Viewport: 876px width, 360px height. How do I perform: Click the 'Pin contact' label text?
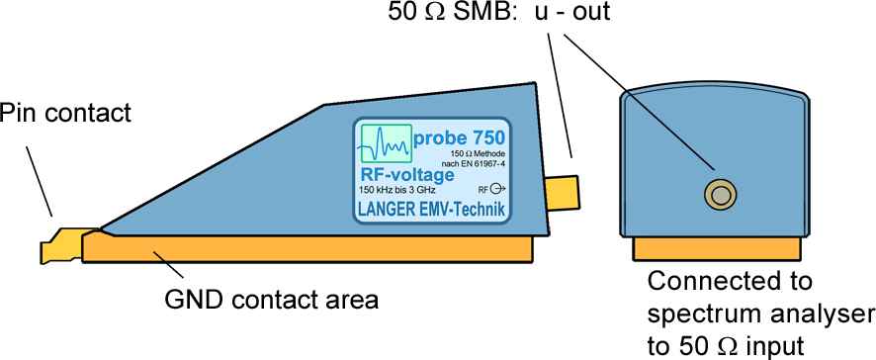65,114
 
